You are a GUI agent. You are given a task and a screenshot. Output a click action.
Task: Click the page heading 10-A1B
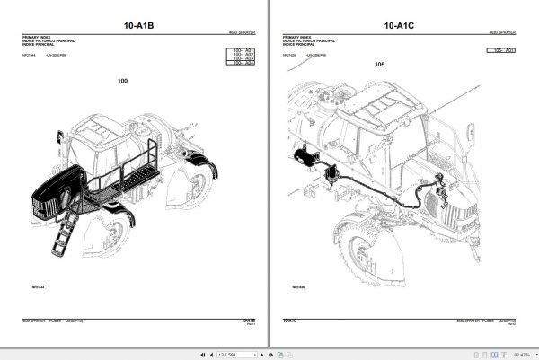point(138,26)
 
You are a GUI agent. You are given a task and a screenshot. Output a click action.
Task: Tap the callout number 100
point(122,82)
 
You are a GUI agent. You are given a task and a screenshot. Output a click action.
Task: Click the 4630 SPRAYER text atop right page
point(506,31)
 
